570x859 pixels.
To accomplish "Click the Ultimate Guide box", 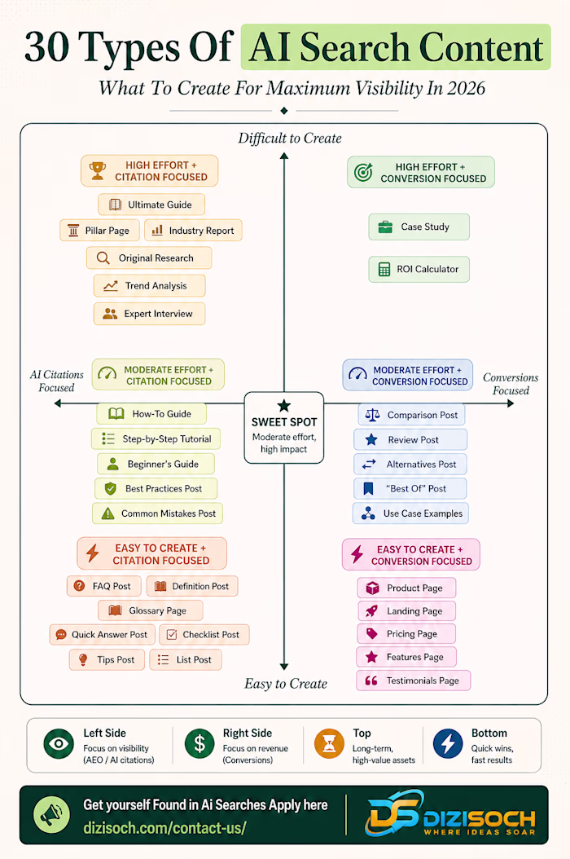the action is click(x=151, y=205).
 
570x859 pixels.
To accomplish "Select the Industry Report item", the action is click(x=193, y=231).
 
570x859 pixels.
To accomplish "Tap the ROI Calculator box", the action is click(x=419, y=269).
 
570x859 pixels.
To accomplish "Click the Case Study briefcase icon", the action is click(x=385, y=227).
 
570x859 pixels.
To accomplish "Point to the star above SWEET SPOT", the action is click(x=283, y=405).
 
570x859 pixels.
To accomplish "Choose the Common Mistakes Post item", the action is click(x=158, y=513).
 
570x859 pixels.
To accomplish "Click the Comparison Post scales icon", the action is click(x=372, y=415).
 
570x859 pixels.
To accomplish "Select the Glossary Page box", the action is click(x=151, y=610).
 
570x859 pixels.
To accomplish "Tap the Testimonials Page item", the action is click(x=414, y=681).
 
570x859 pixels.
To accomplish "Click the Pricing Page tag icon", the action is click(x=372, y=634).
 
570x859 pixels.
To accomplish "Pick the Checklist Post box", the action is click(x=204, y=634).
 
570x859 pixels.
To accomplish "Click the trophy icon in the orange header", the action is click(x=98, y=171).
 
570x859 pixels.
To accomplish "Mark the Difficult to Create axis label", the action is click(x=290, y=138).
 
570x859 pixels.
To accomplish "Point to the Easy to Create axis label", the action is click(x=286, y=684).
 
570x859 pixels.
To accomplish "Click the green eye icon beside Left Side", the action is click(x=59, y=743).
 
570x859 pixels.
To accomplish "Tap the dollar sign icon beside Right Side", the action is click(x=199, y=743).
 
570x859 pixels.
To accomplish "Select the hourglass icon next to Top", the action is click(x=329, y=743).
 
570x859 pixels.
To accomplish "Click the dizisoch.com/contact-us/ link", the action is click(x=164, y=827).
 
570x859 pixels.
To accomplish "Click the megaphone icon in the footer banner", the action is click(x=51, y=815).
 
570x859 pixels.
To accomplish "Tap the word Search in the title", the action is click(x=355, y=47).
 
